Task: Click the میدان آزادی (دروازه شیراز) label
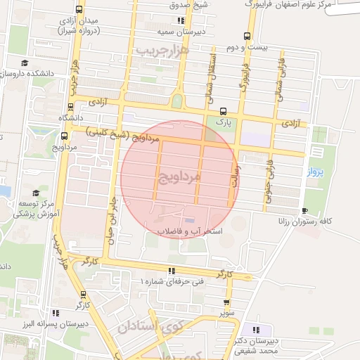72,25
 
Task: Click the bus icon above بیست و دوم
246,36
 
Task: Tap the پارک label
224,121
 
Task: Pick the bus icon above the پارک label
224,110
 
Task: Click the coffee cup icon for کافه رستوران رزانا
304,210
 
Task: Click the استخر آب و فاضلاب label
189,231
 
